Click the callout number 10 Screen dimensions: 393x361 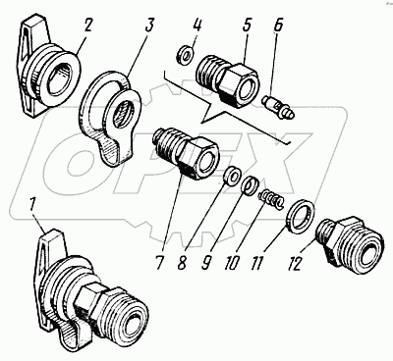[232, 262]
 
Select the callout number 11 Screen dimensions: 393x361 [256, 262]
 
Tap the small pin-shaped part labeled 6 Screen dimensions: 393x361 [279, 108]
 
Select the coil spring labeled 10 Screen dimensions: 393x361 [271, 200]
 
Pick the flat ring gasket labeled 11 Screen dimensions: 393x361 [302, 216]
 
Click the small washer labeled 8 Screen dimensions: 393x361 [232, 175]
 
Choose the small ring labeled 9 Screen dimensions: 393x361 [252, 185]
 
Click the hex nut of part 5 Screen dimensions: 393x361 [240, 84]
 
